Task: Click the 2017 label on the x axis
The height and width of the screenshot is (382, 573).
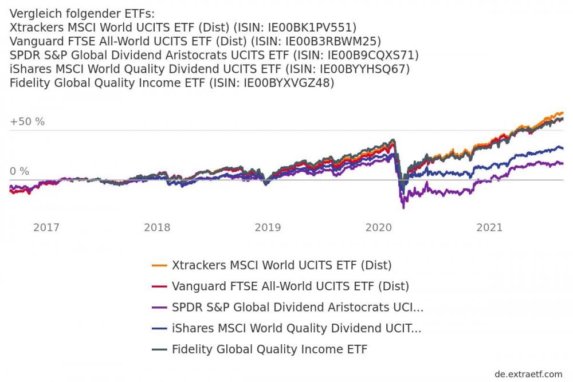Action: (46, 227)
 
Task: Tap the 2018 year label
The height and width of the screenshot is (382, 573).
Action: (157, 227)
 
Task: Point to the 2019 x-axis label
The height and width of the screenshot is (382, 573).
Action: (268, 227)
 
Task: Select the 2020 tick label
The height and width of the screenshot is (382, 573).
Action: (378, 227)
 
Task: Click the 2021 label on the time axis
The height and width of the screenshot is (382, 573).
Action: (489, 227)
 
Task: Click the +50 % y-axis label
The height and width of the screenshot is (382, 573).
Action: (27, 121)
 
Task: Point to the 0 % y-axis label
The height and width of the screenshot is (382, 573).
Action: (19, 171)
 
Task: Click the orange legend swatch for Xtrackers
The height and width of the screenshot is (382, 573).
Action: (159, 266)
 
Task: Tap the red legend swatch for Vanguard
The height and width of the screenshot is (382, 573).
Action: (159, 286)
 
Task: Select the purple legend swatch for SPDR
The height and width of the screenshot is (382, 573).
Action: (159, 308)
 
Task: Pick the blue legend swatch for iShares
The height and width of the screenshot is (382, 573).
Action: (159, 329)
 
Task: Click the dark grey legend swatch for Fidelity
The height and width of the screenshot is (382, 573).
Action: (159, 349)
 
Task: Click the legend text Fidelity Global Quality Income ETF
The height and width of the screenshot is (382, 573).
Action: (269, 349)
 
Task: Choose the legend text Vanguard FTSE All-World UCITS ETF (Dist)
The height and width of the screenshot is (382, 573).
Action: (291, 286)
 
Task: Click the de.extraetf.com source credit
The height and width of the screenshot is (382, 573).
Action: (528, 374)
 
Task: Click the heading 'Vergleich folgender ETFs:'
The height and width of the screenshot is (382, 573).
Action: (83, 14)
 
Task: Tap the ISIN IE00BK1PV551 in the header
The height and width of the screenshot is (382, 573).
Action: (312, 27)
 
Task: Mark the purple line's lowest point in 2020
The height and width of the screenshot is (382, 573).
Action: (403, 207)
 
